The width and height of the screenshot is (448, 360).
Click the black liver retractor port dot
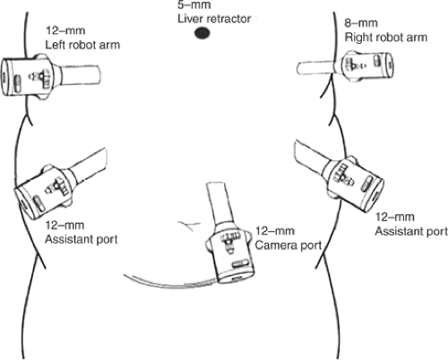click(202, 33)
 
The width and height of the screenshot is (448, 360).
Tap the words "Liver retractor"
click(214, 19)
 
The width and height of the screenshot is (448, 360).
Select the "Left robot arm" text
click(82, 45)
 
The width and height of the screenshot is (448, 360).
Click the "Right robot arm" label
click(386, 38)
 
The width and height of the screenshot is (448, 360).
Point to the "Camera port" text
click(289, 245)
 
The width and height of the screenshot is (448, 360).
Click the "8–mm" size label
click(361, 23)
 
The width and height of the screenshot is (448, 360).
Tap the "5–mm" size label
click(194, 4)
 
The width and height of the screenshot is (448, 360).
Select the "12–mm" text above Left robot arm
click(65, 30)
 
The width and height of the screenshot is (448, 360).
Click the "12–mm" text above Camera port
click(275, 231)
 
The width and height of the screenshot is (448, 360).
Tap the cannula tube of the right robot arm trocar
click(316, 68)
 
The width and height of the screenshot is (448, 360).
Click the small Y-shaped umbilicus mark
click(189, 225)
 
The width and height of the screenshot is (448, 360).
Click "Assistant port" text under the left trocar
click(82, 240)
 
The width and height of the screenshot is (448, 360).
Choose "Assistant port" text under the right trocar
click(411, 231)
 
